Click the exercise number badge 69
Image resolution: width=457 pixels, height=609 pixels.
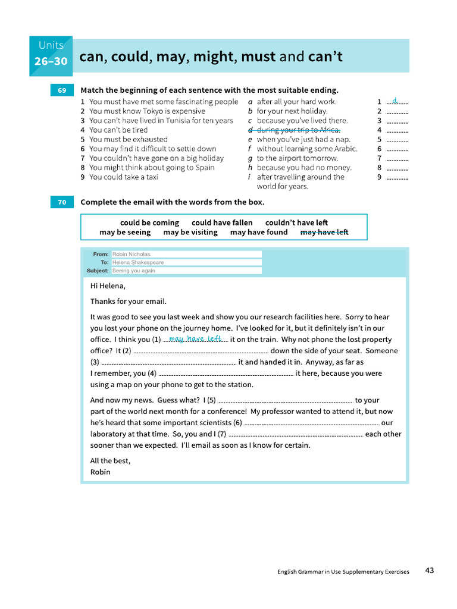click(x=62, y=90)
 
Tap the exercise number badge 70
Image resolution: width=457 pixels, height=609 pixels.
click(x=62, y=203)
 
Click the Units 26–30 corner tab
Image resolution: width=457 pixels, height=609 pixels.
click(x=51, y=55)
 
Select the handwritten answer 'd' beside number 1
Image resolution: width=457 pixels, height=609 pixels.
click(x=395, y=101)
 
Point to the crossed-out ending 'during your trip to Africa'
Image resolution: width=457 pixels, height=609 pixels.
click(x=298, y=130)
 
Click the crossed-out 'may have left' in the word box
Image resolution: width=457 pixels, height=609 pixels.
click(x=324, y=233)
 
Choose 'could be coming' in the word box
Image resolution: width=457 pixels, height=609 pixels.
click(x=149, y=223)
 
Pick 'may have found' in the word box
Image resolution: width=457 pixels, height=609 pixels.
click(x=259, y=233)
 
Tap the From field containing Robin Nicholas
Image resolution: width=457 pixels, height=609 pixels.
click(x=186, y=254)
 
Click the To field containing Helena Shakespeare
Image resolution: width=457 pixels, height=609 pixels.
click(x=186, y=262)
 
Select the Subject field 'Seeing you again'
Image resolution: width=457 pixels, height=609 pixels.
click(x=186, y=271)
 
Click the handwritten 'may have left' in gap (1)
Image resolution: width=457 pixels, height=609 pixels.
click(x=195, y=338)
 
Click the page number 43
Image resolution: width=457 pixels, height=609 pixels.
click(x=430, y=570)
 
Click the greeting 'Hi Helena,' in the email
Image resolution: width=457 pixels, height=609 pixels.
click(x=108, y=285)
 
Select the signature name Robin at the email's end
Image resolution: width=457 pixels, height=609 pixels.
click(x=101, y=472)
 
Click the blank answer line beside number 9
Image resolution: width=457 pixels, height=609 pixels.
click(x=397, y=178)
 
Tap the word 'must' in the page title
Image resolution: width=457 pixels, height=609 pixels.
click(x=259, y=57)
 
